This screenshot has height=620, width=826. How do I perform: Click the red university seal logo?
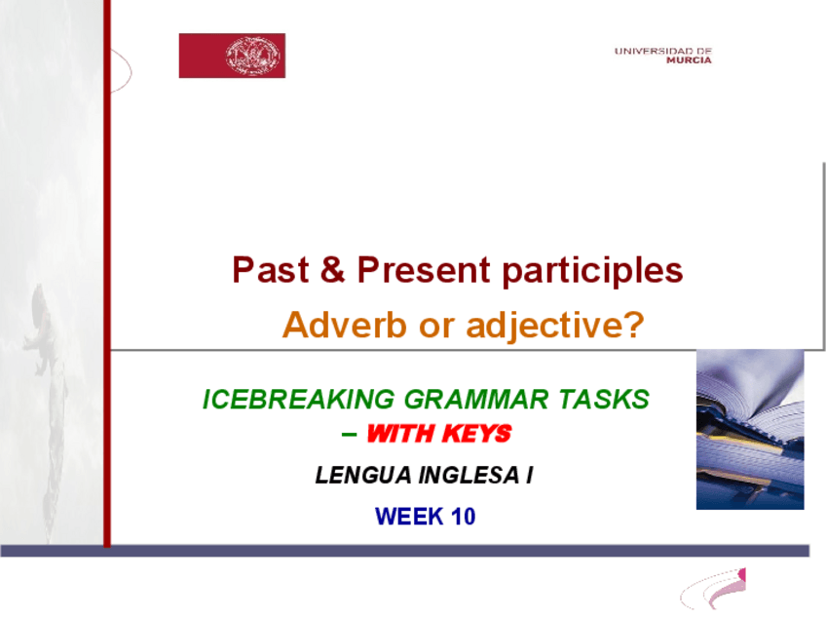point(232,56)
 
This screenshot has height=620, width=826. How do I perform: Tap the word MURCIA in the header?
point(689,60)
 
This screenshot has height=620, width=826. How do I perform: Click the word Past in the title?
point(270,269)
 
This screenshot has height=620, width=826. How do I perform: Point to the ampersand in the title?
point(332,269)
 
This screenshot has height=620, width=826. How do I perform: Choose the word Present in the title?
point(424,269)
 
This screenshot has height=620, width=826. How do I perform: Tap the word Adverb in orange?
point(345,325)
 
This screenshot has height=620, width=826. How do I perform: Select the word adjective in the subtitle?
point(545,327)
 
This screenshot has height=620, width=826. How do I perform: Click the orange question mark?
point(635,325)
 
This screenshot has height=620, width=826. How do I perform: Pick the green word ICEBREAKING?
point(299,399)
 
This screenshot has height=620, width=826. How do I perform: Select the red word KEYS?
point(476,434)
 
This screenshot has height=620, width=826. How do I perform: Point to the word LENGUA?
point(363,475)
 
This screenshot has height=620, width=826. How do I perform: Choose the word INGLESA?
point(469,475)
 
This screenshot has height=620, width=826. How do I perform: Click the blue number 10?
point(463,517)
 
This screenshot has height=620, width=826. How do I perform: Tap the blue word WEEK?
point(409,517)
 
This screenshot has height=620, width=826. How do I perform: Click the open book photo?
point(750,429)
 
